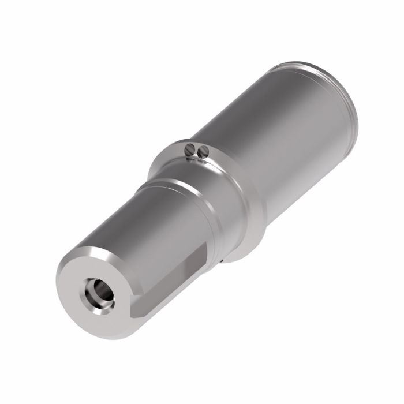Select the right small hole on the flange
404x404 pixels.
point(202,153)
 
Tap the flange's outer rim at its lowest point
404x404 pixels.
point(242,257)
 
